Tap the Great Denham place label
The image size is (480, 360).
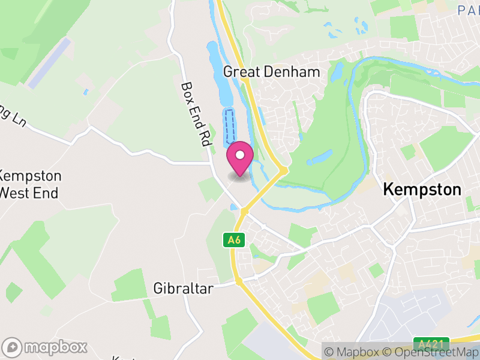(271, 72)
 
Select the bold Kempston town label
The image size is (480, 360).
(422, 190)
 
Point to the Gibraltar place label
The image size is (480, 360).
(184, 289)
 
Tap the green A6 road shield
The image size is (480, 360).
(235, 240)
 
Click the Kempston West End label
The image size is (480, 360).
(30, 185)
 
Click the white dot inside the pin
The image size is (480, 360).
(240, 155)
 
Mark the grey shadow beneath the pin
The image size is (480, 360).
(240, 176)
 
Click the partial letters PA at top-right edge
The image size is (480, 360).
(467, 10)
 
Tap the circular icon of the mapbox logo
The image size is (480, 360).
(13, 347)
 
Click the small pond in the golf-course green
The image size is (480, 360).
(319, 158)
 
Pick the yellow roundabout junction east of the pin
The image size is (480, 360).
(284, 171)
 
